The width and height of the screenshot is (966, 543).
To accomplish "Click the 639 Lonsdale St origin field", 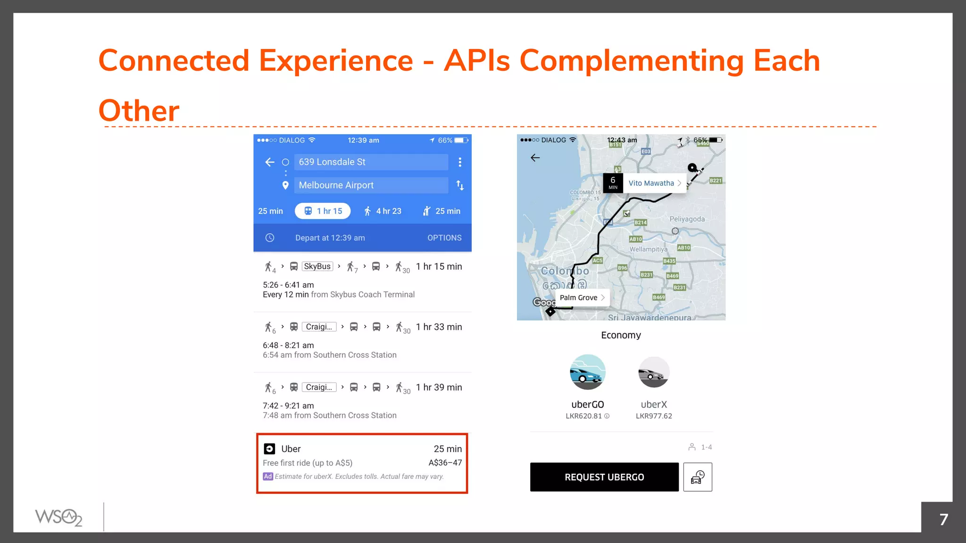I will tap(371, 162).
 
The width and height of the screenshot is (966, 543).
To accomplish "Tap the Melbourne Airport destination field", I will tap(371, 185).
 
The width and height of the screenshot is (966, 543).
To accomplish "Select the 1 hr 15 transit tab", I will tap(323, 211).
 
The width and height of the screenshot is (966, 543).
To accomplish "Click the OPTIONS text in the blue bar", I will tap(444, 238).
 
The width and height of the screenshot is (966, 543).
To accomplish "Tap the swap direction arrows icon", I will tap(460, 185).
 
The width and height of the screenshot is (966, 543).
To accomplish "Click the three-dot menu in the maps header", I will tap(460, 162).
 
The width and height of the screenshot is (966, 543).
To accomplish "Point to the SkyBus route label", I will tap(317, 266).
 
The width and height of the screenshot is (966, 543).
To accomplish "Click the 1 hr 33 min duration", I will tap(439, 327).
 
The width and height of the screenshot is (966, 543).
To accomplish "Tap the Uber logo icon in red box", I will tap(269, 449).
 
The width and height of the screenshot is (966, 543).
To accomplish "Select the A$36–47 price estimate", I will tap(445, 463).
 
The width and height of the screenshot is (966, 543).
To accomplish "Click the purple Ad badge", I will tap(268, 477).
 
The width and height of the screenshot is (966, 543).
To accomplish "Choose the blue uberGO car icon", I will tap(587, 372).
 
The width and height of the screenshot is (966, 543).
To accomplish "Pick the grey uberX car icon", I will tap(653, 372).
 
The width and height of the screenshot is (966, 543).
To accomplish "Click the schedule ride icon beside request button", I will tap(698, 477).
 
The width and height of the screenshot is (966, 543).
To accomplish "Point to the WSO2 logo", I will tap(59, 517).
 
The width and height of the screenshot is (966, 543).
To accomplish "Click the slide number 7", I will tap(943, 519).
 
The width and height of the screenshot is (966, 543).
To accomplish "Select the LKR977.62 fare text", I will tap(654, 416).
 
